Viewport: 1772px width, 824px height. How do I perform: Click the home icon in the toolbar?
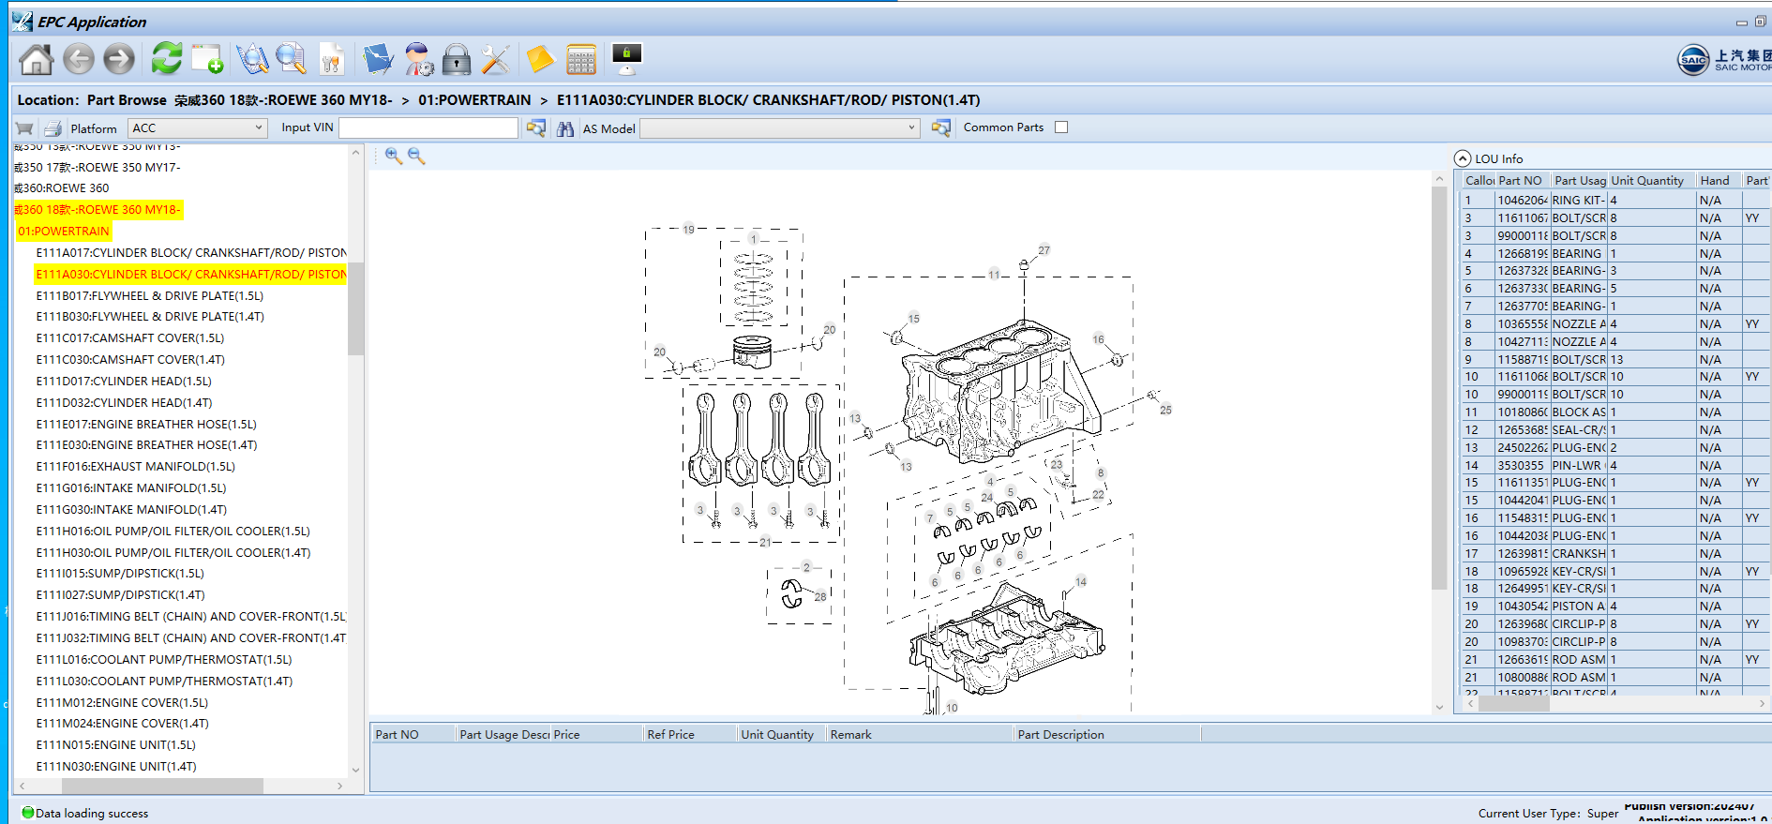(37, 59)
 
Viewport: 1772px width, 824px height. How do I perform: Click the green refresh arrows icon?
(166, 58)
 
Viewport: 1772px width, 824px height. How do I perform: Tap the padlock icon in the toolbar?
(457, 60)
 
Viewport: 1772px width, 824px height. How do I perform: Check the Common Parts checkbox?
(1061, 127)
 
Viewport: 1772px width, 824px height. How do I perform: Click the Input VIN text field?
(428, 127)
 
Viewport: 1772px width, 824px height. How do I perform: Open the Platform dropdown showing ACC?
(197, 127)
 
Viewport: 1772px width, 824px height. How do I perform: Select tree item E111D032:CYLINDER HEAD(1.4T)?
(124, 402)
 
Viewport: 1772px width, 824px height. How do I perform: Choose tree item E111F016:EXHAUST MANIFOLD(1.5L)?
(135, 466)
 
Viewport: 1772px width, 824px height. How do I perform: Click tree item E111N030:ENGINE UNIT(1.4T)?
(116, 766)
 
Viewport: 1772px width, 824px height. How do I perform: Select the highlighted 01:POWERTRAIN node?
(64, 231)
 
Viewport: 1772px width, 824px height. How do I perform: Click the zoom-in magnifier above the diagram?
(394, 157)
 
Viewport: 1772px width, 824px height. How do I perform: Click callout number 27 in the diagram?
(1044, 250)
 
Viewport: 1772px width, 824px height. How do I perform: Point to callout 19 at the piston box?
(688, 230)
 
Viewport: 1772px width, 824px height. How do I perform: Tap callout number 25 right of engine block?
(1165, 410)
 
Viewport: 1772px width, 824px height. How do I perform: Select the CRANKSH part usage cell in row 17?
(1578, 553)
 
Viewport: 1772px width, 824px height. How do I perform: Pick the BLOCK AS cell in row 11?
(1578, 412)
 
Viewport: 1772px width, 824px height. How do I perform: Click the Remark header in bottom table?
(850, 734)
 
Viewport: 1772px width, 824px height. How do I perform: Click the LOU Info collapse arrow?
(1463, 158)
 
